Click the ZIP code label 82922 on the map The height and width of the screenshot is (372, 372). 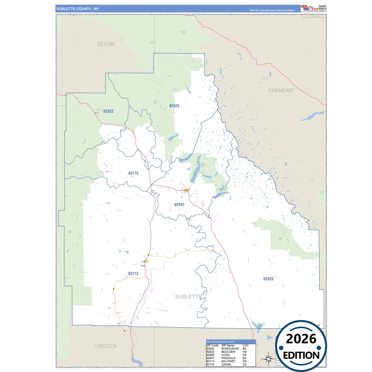coord(108,111)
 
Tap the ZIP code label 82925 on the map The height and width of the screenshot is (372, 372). coord(174,106)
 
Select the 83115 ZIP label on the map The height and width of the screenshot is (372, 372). coord(133,173)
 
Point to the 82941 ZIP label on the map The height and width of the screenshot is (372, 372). coord(179,205)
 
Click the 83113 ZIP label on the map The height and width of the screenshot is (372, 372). coord(133,274)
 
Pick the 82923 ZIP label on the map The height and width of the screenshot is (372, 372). coord(268,279)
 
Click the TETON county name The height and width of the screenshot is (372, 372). coord(106,44)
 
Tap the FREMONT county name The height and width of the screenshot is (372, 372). coord(281,91)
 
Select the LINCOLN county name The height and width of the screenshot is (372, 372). coord(105,346)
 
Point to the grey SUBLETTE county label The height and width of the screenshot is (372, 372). coord(188,297)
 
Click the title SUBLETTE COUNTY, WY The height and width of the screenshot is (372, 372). coord(78,9)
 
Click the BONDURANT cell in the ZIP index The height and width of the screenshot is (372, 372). coord(230,349)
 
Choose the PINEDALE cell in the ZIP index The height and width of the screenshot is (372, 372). coord(228,358)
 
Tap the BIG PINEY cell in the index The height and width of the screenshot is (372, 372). coord(228,361)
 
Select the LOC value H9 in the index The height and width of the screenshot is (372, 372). coord(244,352)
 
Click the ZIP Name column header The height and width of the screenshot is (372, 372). coord(228,345)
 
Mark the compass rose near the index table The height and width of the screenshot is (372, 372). coord(268,358)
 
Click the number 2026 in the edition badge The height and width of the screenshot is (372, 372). coord(301,339)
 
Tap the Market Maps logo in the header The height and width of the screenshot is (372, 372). coord(310,8)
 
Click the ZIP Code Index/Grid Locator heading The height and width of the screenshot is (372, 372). coord(220,342)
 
